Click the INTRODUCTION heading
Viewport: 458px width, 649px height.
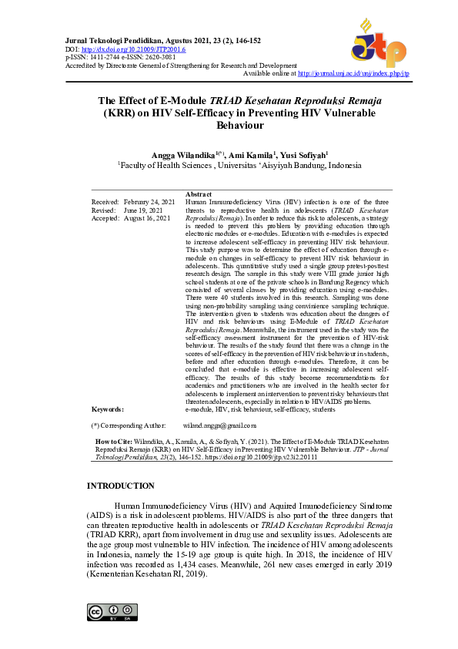tap(121, 486)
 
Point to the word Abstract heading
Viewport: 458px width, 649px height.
tap(199, 194)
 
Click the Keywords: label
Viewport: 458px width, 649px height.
tap(108, 409)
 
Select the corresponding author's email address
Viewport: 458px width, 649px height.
tap(219, 425)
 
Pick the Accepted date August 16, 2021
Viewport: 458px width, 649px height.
tap(148, 218)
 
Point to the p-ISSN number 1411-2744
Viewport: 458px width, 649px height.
tap(101, 57)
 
